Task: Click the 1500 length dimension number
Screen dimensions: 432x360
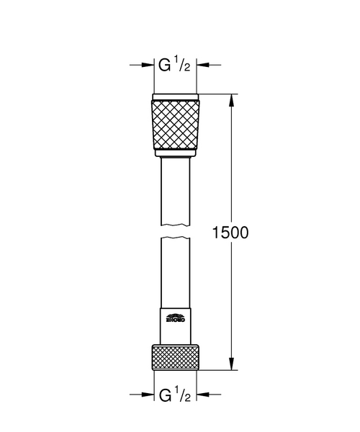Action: [x=230, y=233]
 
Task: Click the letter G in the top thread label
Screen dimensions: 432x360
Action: [x=166, y=66]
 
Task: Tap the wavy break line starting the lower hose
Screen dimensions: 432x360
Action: [x=175, y=242]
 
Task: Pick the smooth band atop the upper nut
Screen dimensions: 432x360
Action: [x=175, y=97]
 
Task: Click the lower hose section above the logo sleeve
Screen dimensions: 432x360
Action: [x=175, y=274]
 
